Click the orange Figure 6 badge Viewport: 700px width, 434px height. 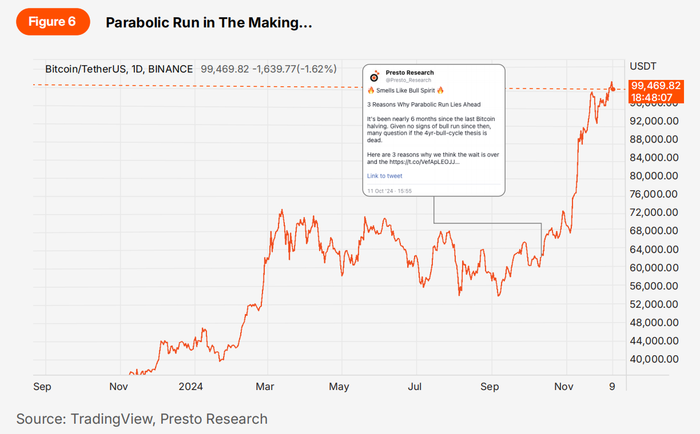(x=52, y=22)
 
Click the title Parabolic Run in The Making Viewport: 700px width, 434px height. (x=209, y=23)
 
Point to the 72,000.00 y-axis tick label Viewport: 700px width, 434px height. (x=654, y=212)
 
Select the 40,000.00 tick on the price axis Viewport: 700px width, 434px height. (x=654, y=359)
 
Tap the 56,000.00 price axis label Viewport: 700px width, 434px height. (x=654, y=286)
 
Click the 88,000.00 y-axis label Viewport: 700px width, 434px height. (x=654, y=139)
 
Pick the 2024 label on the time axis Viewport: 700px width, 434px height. (x=190, y=387)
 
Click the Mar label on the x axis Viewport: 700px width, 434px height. (x=265, y=387)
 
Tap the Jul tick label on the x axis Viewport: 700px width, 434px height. (x=415, y=387)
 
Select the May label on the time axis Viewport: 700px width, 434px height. (x=339, y=387)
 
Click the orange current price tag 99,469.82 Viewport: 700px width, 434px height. (x=656, y=86)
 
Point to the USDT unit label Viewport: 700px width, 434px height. (x=643, y=66)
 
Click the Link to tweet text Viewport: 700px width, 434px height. (x=385, y=176)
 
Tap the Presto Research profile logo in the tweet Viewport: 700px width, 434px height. (x=375, y=76)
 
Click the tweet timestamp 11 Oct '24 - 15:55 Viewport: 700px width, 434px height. (x=389, y=191)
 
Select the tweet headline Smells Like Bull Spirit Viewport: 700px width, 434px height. (x=405, y=90)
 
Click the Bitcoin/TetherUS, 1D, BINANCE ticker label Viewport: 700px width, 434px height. (x=119, y=69)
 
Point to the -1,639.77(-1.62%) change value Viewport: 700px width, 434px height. (x=296, y=69)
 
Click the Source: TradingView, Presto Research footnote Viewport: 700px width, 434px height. (x=142, y=419)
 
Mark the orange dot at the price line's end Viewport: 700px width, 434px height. (x=613, y=89)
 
